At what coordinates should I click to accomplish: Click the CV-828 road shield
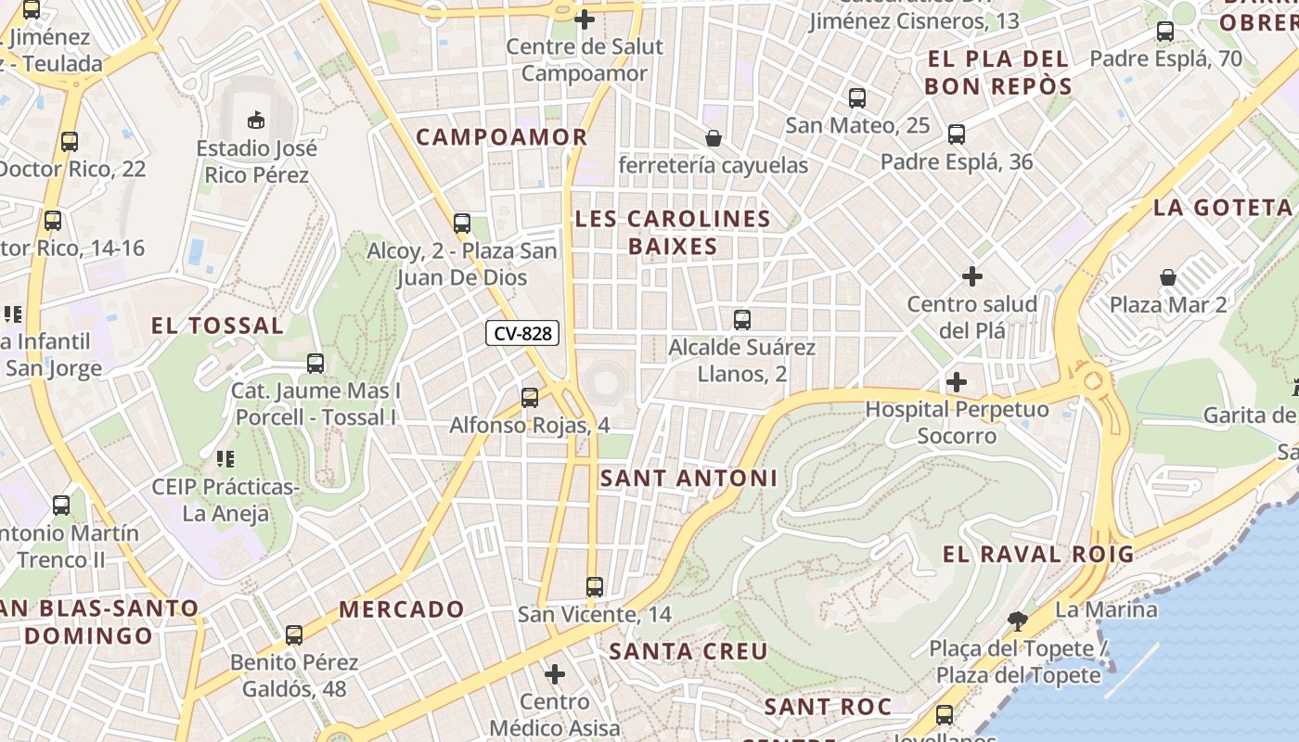522,333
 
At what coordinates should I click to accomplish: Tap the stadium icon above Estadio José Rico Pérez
255,120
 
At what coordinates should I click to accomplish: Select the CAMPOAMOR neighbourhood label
501,137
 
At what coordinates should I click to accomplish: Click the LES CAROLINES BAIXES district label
673,232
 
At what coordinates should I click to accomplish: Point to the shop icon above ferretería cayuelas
713,138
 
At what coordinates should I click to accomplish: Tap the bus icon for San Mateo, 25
856,97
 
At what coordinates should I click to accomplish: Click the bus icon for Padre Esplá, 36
957,134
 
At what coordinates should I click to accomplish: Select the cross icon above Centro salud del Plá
971,276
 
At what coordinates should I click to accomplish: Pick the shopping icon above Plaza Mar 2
1167,277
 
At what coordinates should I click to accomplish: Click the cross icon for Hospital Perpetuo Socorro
956,382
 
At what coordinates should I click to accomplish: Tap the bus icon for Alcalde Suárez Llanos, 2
741,320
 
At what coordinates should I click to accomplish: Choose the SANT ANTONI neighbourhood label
688,478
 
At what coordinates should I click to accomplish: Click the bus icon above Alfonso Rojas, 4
529,398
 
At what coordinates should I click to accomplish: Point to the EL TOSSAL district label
217,326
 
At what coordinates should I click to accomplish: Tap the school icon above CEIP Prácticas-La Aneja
225,458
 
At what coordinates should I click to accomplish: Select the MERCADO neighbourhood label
401,609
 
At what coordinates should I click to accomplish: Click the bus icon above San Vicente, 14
594,587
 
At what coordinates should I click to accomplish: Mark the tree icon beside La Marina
1017,620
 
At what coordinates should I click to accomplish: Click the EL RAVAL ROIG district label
1037,555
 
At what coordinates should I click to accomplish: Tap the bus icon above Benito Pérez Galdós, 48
293,635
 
